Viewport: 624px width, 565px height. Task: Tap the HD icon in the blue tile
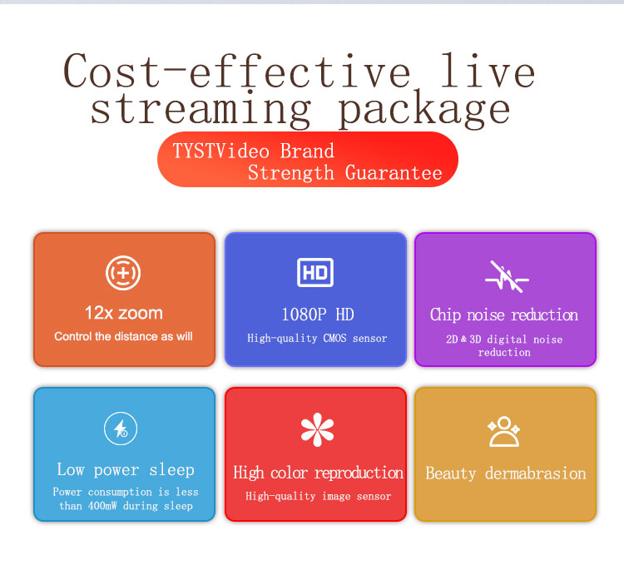315,273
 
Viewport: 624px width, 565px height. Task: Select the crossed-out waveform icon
507,277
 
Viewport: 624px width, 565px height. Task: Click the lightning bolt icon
121,429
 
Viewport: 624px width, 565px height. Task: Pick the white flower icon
317,429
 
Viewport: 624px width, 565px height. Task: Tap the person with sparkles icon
504,431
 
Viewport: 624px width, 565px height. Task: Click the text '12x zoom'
124,313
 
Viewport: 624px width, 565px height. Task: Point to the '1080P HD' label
318,315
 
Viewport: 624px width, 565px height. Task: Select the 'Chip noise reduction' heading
504,315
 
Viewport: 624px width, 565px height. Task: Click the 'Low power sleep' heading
126,469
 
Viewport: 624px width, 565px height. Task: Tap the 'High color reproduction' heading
319,473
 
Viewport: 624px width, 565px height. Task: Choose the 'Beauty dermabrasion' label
506,473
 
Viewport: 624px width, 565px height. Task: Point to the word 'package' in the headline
424,109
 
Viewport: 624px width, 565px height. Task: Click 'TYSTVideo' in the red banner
220,151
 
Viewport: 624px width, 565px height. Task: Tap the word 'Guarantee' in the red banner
394,173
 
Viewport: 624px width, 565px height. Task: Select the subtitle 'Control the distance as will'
123,337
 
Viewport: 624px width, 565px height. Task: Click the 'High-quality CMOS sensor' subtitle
317,338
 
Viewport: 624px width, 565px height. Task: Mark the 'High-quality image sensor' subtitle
319,496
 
